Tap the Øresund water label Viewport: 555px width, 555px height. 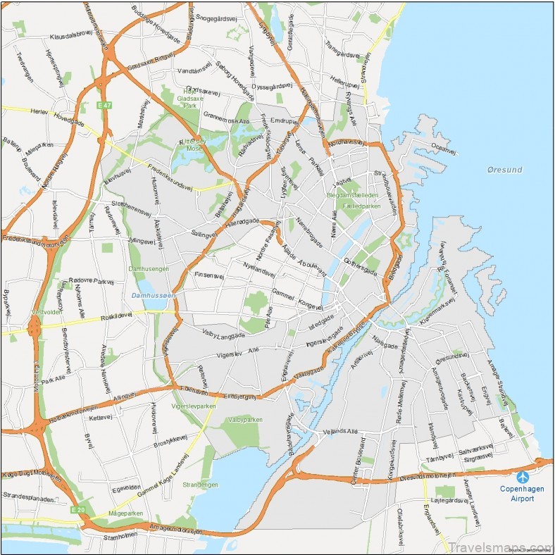(504, 170)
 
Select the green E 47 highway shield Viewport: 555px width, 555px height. (104, 105)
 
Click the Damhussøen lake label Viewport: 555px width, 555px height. (154, 295)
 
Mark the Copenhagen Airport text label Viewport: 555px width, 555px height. (522, 493)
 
